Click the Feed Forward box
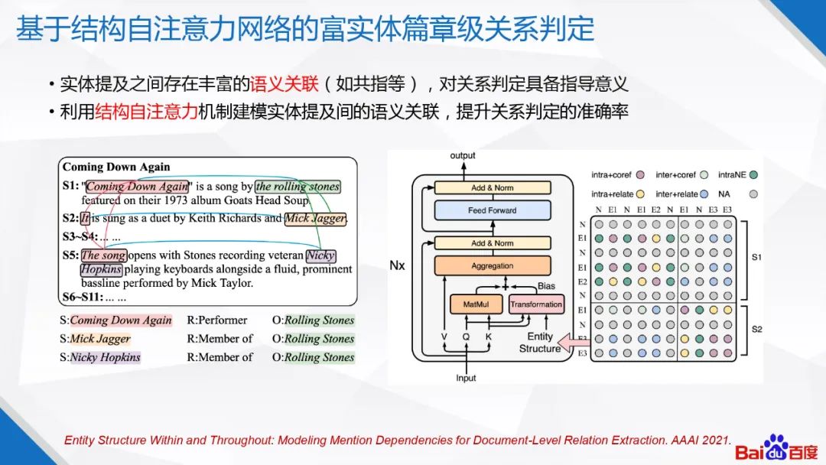pyautogui.click(x=492, y=210)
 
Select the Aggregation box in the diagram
pyautogui.click(x=492, y=266)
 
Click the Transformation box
pyautogui.click(x=536, y=304)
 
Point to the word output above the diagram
pyautogui.click(x=463, y=155)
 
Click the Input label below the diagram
pyautogui.click(x=466, y=378)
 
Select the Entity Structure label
pyautogui.click(x=539, y=343)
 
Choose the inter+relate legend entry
pyautogui.click(x=682, y=194)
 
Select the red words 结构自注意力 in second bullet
pyautogui.click(x=146, y=112)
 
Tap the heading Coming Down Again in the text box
pyautogui.click(x=116, y=167)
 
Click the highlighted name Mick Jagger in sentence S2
pyautogui.click(x=315, y=219)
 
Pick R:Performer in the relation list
pyautogui.click(x=217, y=320)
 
